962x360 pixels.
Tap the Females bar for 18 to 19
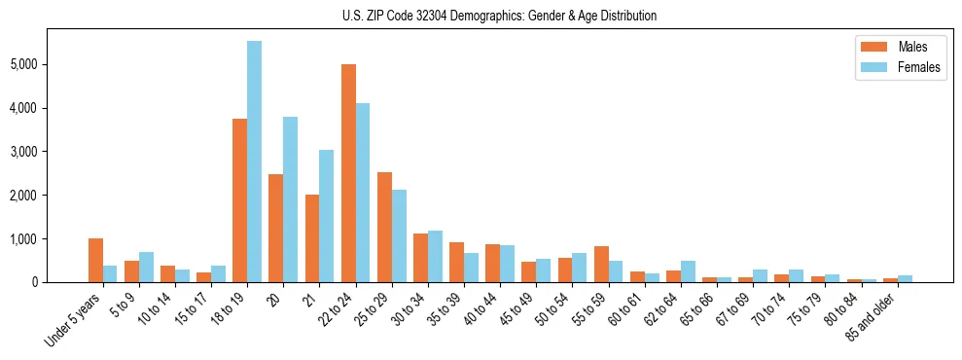[x=254, y=162]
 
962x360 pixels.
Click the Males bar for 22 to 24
[x=348, y=173]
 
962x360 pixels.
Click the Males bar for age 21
[x=312, y=238]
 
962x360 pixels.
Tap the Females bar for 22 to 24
[x=363, y=193]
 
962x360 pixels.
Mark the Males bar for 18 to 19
[x=239, y=200]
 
